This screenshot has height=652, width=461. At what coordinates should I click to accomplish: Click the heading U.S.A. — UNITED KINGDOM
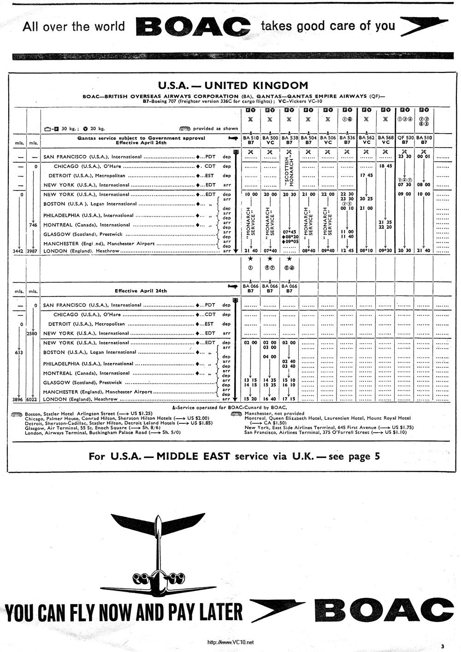pyautogui.click(x=233, y=85)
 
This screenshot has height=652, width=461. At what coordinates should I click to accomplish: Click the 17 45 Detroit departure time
pyautogui.click(x=366, y=175)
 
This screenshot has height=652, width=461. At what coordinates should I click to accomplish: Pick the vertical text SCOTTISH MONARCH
pyautogui.click(x=289, y=171)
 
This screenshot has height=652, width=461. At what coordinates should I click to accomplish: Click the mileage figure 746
pyautogui.click(x=33, y=225)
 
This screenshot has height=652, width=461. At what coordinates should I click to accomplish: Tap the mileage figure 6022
pyautogui.click(x=33, y=399)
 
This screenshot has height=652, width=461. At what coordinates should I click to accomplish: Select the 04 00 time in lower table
pyautogui.click(x=270, y=357)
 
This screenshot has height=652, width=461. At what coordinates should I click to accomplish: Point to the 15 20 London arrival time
pyautogui.click(x=250, y=399)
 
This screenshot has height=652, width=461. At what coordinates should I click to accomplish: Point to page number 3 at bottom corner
pyautogui.click(x=442, y=646)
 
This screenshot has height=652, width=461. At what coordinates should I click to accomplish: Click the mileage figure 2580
pyautogui.click(x=33, y=333)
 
